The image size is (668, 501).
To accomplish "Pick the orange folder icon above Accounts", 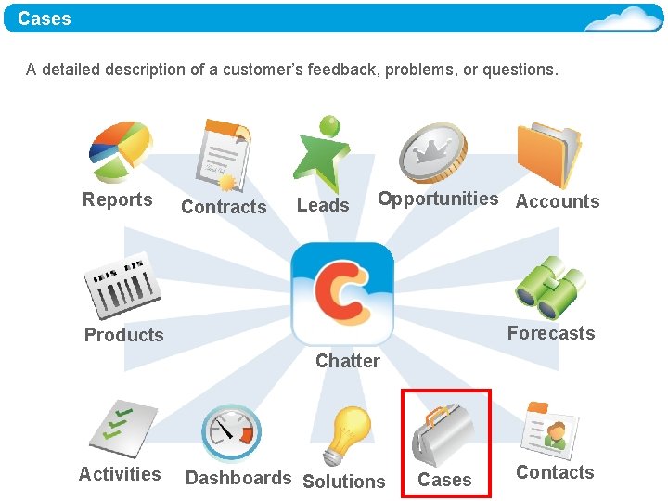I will (x=548, y=154).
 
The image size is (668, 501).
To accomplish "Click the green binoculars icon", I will (x=550, y=288).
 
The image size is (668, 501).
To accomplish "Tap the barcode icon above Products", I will (x=122, y=284).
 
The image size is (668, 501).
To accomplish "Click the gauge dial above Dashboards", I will (x=231, y=432).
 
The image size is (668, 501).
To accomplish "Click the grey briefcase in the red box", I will (x=443, y=434).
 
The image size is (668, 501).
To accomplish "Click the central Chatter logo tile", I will (x=341, y=293).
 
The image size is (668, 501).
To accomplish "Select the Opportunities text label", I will (x=438, y=199).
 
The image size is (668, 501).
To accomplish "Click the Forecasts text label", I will (x=551, y=333).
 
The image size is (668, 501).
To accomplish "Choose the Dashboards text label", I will (x=238, y=478).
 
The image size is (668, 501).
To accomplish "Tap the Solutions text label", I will (x=343, y=482).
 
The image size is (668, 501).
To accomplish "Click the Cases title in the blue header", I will (x=45, y=19).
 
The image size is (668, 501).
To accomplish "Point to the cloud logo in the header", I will (x=623, y=19).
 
